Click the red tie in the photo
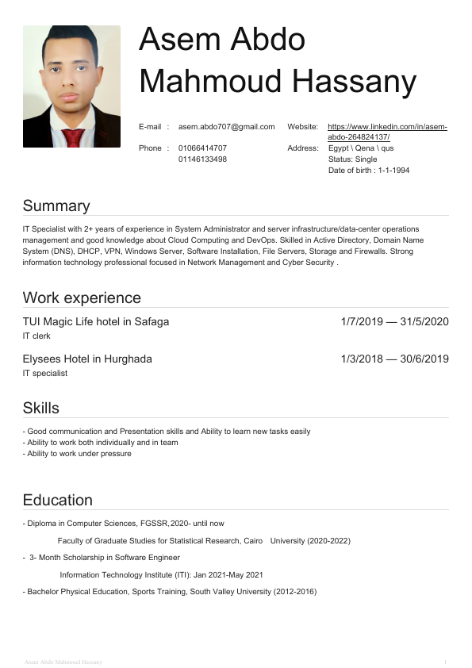(x=72, y=136)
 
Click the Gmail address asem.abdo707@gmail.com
(x=226, y=127)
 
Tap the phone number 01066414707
(x=202, y=148)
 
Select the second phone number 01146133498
(x=202, y=159)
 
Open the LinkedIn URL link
(x=387, y=132)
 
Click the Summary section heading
(x=56, y=206)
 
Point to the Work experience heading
(x=82, y=298)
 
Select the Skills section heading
(x=41, y=409)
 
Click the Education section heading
(x=58, y=501)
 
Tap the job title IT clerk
(x=36, y=336)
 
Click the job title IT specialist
(x=45, y=373)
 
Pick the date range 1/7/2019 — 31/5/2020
(x=394, y=322)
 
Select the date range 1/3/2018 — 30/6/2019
(x=394, y=359)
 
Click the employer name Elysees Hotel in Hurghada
(x=87, y=359)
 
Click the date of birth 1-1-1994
(x=393, y=171)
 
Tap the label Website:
(x=303, y=127)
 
